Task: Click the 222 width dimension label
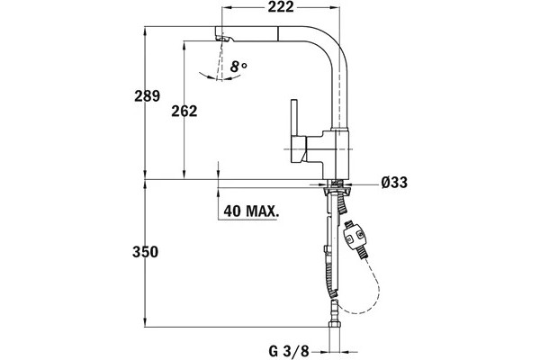pyautogui.click(x=281, y=7)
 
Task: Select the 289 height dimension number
pyautogui.click(x=147, y=95)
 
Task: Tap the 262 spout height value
pyautogui.click(x=184, y=111)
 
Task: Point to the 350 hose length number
pyautogui.click(x=145, y=252)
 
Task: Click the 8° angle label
pyautogui.click(x=238, y=66)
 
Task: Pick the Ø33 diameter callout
pyautogui.click(x=394, y=182)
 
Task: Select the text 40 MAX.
pyautogui.click(x=251, y=211)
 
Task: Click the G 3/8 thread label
pyautogui.click(x=289, y=352)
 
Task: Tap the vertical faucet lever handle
pyautogui.click(x=294, y=117)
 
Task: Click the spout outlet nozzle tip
pyautogui.click(x=222, y=38)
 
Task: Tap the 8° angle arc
pyautogui.click(x=220, y=78)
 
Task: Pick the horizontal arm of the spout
pyautogui.click(x=272, y=34)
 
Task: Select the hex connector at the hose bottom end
pyautogui.click(x=334, y=324)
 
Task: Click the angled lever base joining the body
pyautogui.click(x=299, y=148)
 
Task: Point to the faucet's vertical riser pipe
pyautogui.click(x=340, y=90)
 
